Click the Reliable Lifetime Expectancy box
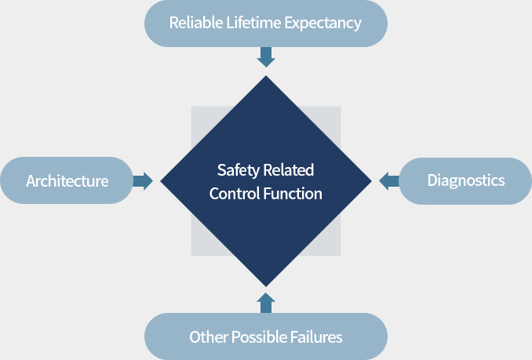(x=265, y=23)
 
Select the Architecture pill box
(x=67, y=181)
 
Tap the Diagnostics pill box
(x=465, y=181)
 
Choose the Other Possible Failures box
(x=265, y=337)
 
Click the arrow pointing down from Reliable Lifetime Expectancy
(x=266, y=57)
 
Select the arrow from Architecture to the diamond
(x=143, y=181)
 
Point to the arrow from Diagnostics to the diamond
(x=388, y=181)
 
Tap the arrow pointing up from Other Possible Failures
(x=266, y=303)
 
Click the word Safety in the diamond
(x=237, y=170)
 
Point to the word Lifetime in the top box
(x=254, y=23)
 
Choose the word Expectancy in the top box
(x=322, y=23)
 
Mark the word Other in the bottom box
(x=206, y=337)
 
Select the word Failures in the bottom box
(x=315, y=337)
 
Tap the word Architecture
(x=67, y=181)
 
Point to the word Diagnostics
(x=465, y=181)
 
